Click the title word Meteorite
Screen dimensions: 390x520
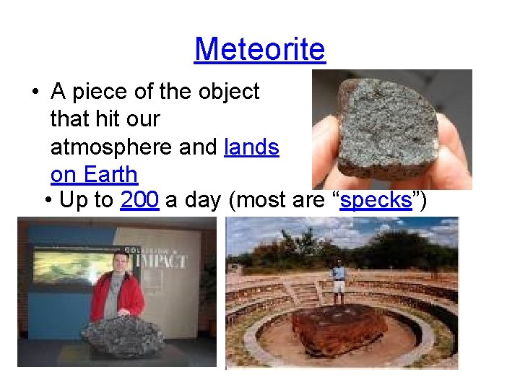[260, 49]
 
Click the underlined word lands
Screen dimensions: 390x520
[251, 147]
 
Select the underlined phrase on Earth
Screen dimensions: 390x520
[94, 174]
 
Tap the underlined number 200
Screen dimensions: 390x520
[139, 200]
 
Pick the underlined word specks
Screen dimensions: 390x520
[376, 200]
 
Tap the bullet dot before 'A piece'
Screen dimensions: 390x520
[35, 92]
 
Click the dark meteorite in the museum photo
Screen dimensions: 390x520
[123, 335]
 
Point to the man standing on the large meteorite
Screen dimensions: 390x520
[338, 282]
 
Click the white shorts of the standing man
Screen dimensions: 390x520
[338, 287]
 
